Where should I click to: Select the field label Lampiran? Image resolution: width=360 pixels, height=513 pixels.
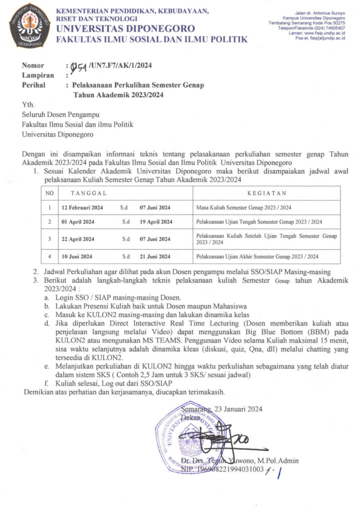coord(38,75)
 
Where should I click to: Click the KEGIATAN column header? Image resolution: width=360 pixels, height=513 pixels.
coord(267,193)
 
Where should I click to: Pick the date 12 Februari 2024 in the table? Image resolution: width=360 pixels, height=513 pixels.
coord(82,207)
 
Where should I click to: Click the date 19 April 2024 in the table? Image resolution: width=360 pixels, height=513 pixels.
coord(156,221)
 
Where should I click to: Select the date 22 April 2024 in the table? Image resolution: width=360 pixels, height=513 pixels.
coord(78,239)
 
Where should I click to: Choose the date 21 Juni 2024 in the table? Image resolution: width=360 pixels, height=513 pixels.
coord(155,256)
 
